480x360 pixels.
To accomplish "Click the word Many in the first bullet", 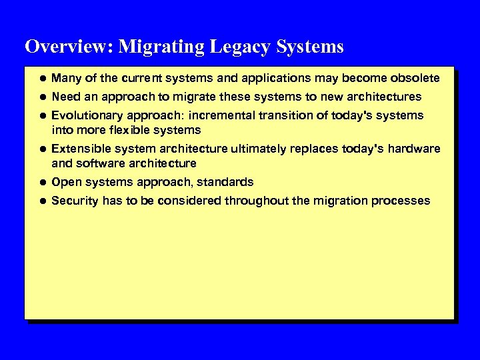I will coord(66,78).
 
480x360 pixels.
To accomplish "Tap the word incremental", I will coord(219,115).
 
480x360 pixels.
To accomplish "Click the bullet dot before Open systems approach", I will coord(41,182).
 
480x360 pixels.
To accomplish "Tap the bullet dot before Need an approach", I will coord(41,97).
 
